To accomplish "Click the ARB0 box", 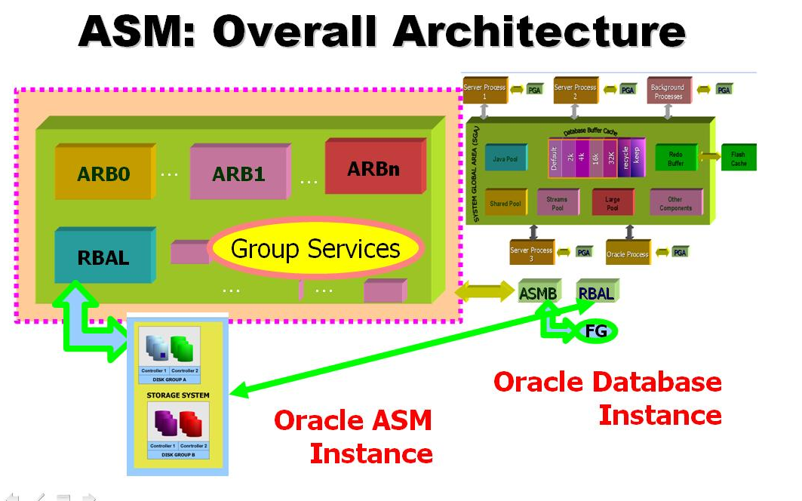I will tap(104, 173).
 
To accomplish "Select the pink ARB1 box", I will tap(238, 173).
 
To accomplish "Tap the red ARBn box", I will tap(373, 168).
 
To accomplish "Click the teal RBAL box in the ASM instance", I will tap(104, 257).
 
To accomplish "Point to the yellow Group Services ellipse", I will tap(315, 249).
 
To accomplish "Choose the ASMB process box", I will tap(538, 293).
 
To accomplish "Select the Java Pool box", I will tap(505, 159).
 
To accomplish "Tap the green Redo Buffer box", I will tap(675, 158).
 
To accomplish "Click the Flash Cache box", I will tap(738, 158).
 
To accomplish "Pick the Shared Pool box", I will tap(505, 203).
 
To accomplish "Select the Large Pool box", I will tap(613, 203).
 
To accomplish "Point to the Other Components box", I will tap(675, 203).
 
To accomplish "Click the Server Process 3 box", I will tap(531, 254).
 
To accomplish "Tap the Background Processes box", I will tap(668, 91).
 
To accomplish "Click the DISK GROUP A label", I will tap(169, 379).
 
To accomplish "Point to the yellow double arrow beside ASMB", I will tap(484, 292).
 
